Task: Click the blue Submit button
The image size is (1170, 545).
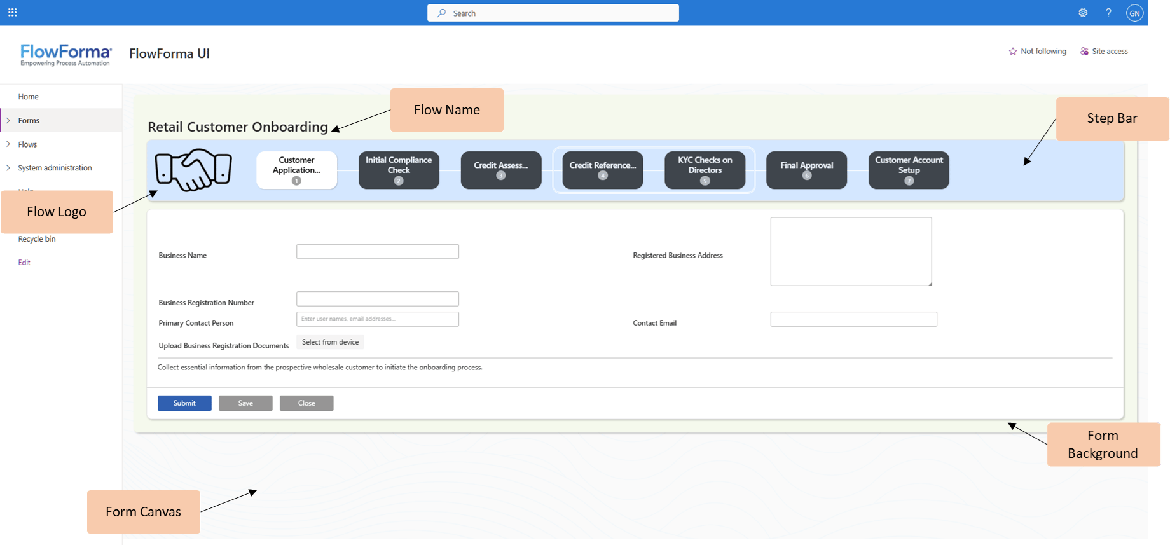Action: (184, 403)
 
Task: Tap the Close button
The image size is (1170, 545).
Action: (306, 403)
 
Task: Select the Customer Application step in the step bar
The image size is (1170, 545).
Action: (297, 170)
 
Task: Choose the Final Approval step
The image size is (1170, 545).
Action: (807, 170)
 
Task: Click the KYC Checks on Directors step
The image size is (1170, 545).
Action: (705, 170)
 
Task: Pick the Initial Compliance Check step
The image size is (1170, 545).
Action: (399, 170)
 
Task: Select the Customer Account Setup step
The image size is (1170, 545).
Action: (909, 170)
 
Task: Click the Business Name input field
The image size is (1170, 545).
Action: (378, 252)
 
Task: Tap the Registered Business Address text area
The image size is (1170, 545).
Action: (851, 252)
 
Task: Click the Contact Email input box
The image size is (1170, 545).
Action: (854, 319)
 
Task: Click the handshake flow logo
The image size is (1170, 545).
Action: (193, 170)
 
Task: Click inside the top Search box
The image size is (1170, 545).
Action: (553, 13)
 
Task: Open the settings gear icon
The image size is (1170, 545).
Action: (1083, 13)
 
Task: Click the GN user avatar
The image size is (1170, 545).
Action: (1135, 13)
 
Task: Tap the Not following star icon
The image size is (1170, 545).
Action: (1013, 52)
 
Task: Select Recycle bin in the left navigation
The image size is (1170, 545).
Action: (37, 239)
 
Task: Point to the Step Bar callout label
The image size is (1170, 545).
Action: (1113, 119)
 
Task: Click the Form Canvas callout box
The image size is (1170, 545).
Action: (144, 512)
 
